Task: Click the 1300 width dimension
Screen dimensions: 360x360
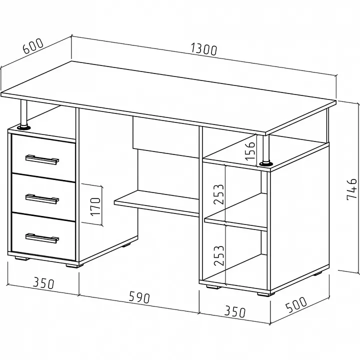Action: tap(203, 50)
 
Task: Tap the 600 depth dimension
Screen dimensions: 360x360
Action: tap(33, 46)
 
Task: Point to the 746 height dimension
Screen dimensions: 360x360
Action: tap(351, 189)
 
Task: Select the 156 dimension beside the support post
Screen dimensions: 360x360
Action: tap(250, 151)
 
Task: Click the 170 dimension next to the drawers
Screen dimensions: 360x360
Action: tap(95, 206)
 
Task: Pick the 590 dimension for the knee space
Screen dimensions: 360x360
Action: tap(139, 297)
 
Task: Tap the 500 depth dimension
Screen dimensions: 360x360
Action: tap(296, 304)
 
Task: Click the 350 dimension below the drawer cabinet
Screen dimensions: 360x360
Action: tap(43, 283)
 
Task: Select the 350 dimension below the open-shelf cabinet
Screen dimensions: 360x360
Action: tap(234, 311)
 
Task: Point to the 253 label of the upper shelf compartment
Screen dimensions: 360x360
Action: tap(218, 194)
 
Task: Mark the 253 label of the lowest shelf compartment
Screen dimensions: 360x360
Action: tap(219, 255)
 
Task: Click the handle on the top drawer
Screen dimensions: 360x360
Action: tap(42, 159)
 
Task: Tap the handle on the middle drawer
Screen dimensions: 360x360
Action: tap(42, 199)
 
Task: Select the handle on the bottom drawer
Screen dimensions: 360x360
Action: tap(42, 238)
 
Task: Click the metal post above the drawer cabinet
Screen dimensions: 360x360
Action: tap(23, 113)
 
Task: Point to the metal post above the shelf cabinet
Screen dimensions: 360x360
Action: tap(266, 148)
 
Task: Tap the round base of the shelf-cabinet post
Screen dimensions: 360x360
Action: tap(266, 163)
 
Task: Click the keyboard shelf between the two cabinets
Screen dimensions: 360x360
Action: tap(156, 203)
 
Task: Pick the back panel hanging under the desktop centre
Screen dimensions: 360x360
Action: tap(166, 137)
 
